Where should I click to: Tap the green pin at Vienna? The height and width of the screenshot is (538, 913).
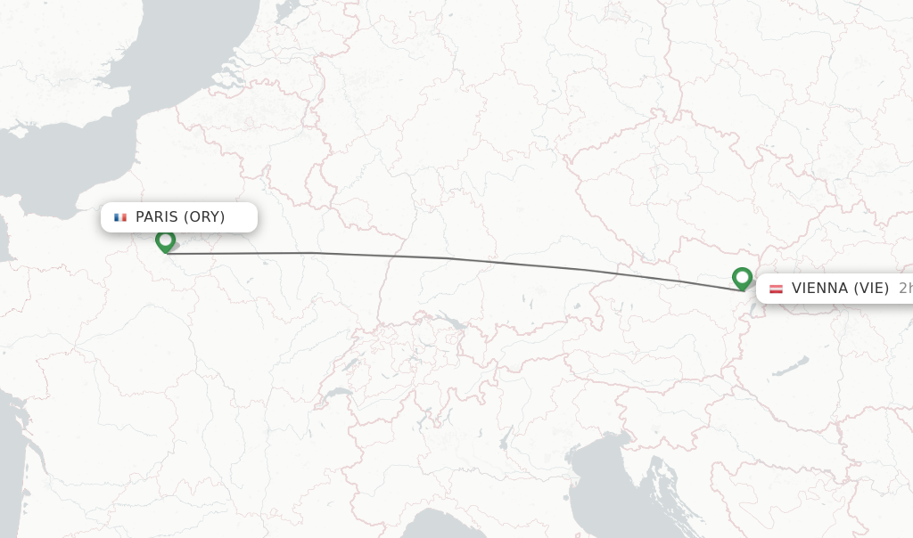pos(742,278)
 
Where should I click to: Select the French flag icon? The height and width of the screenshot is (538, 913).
pos(120,217)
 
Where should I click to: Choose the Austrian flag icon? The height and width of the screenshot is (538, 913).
pos(776,289)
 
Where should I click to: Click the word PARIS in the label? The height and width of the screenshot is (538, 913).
pos(157,217)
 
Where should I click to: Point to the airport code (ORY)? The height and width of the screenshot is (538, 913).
pos(204,217)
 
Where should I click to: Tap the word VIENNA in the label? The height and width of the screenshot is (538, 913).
pos(818,289)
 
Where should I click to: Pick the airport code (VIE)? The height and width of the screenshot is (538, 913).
pos(870,289)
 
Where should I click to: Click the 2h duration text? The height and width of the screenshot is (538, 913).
pos(904,289)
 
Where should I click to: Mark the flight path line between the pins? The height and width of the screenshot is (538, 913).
pos(446,258)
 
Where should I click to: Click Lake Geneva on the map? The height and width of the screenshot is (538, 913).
pos(336,392)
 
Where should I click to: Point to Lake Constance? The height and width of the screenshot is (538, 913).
pos(451,322)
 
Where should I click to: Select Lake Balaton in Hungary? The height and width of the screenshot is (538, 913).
pos(790,367)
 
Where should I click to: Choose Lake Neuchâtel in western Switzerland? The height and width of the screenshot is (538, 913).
pos(351,363)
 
